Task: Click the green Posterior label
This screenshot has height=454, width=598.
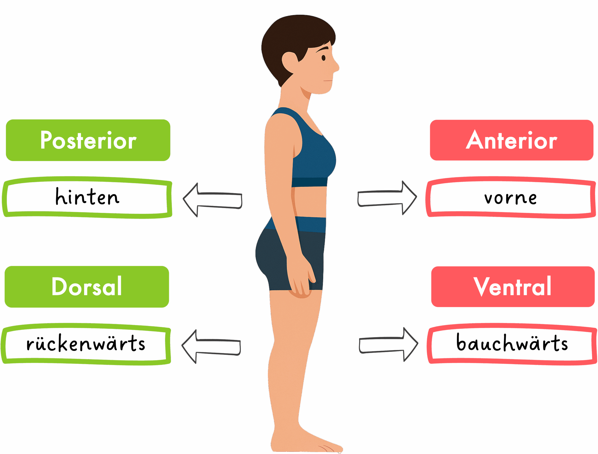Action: (x=88, y=140)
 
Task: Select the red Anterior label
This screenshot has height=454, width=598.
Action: (x=512, y=140)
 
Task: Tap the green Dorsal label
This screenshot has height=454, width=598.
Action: (x=87, y=287)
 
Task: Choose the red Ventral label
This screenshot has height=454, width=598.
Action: (x=513, y=287)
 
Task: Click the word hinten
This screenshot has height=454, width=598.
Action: (x=87, y=196)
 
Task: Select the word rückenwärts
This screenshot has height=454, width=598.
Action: (x=86, y=343)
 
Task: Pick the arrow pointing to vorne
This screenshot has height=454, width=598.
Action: (x=387, y=198)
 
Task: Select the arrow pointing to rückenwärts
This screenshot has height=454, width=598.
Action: (x=211, y=347)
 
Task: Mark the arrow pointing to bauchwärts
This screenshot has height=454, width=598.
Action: (x=388, y=345)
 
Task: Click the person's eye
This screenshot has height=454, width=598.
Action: (x=324, y=58)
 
